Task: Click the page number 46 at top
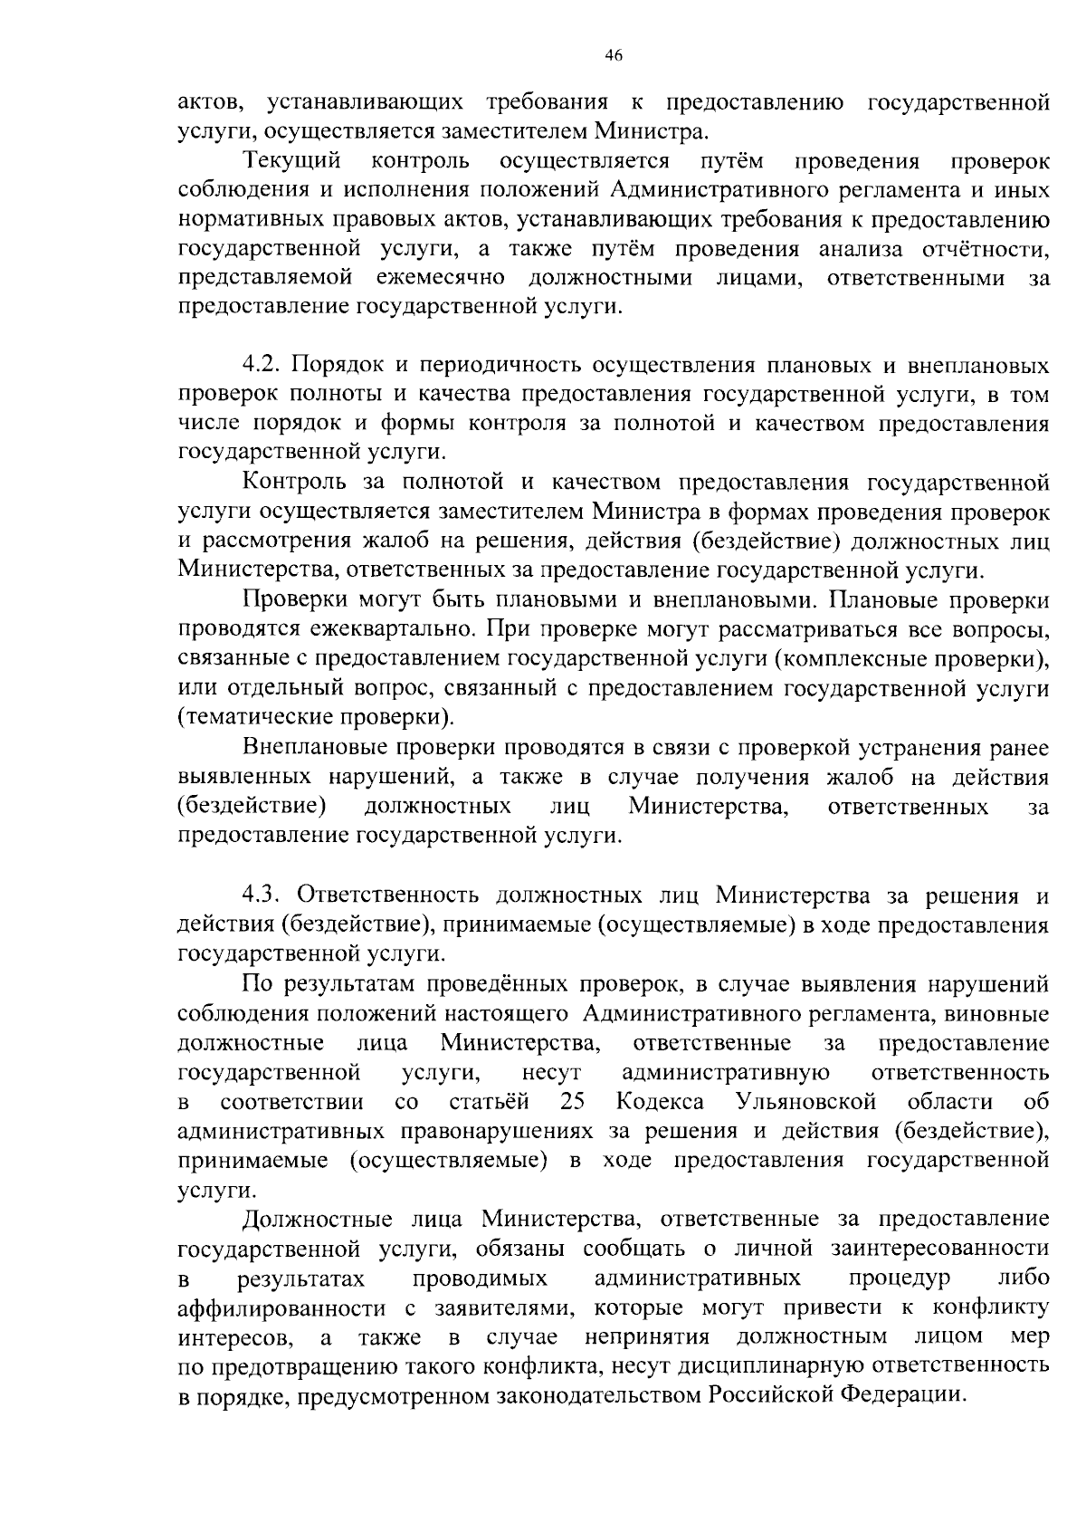[613, 55]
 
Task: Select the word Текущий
[292, 161]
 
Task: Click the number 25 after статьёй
[573, 1102]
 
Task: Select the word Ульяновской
[806, 1102]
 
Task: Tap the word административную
[726, 1073]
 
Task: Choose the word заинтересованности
[940, 1250]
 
